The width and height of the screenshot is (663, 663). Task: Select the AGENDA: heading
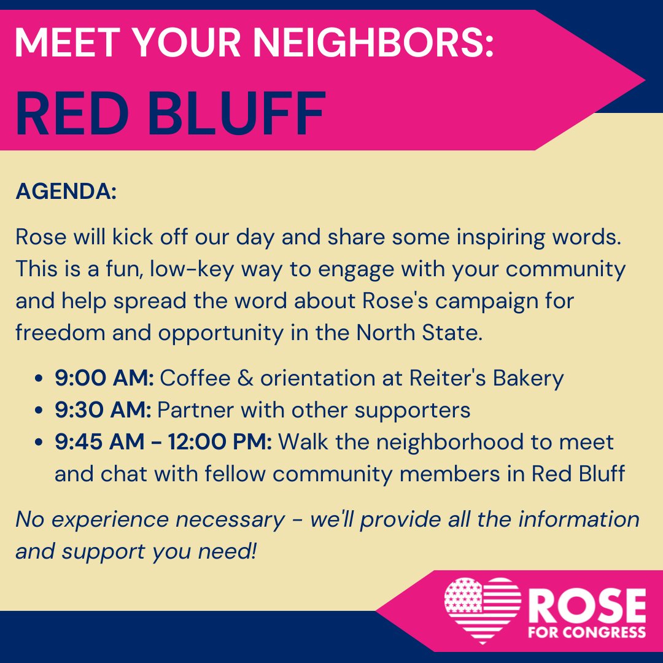66,192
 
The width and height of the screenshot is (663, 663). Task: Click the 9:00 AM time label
104,378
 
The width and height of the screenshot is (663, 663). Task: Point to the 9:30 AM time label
103,410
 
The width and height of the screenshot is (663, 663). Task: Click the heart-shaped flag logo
482,610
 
